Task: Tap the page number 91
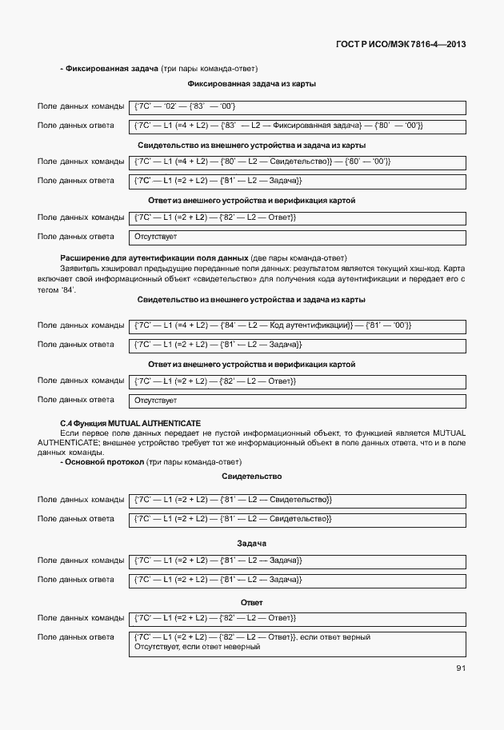pos(460,668)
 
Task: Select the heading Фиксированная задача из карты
pos(251,84)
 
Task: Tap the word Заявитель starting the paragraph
pos(78,269)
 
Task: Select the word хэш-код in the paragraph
pos(415,269)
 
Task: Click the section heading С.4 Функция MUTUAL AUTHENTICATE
pos(130,422)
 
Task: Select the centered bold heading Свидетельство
pos(251,477)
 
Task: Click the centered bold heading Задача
pos(251,544)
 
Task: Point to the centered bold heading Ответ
pos(251,602)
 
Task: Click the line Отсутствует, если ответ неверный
pos(198,646)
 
